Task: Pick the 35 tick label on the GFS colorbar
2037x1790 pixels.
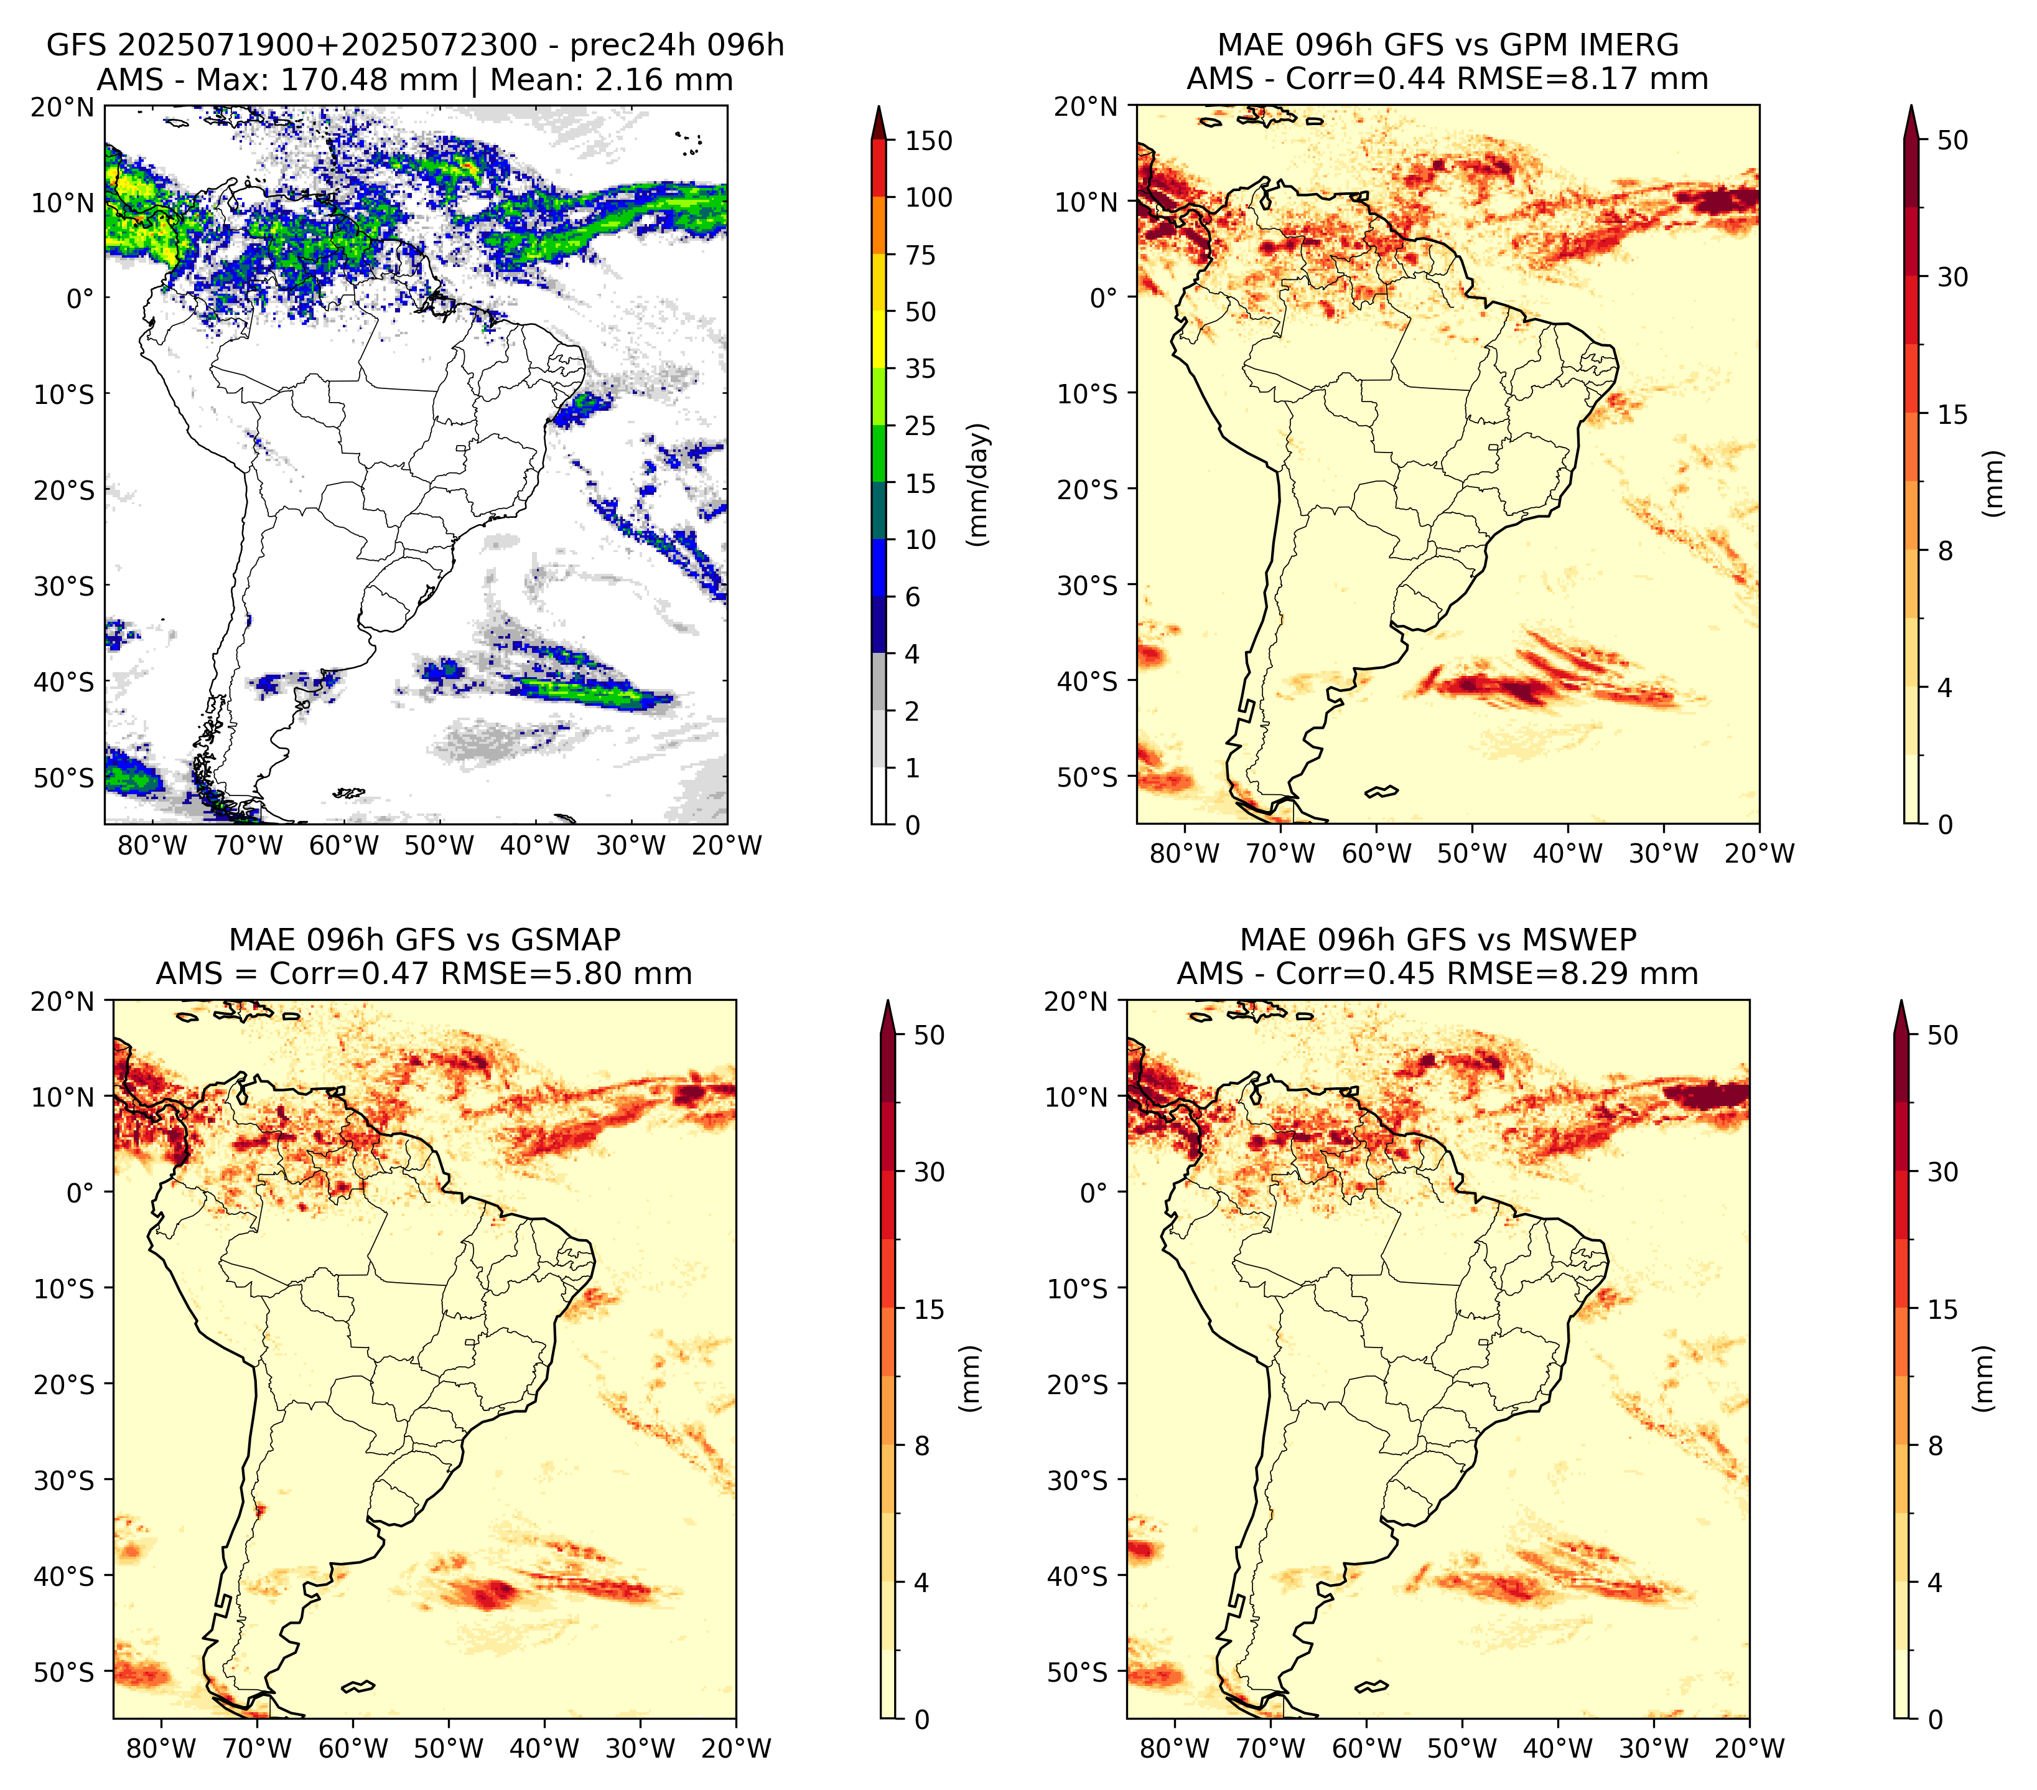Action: coord(920,368)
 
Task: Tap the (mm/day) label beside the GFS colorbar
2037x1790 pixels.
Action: coord(980,484)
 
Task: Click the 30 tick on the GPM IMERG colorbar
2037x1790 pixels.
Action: coord(1952,277)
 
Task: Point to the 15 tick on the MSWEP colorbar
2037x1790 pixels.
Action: coord(1943,1309)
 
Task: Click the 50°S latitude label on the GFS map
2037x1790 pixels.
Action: coord(64,777)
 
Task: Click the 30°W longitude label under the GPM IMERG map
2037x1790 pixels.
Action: coord(1663,853)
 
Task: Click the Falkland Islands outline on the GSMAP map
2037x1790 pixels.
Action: coord(358,1686)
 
